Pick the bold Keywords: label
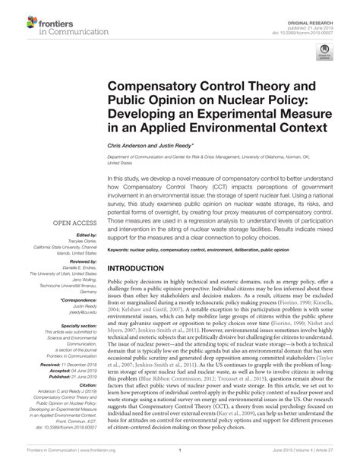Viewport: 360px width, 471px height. click(120, 248)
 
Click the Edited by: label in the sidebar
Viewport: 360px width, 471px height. click(83, 236)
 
